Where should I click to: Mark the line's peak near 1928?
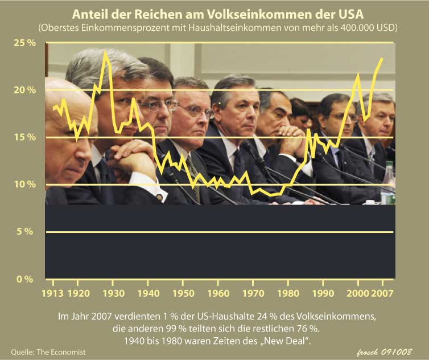pos(105,52)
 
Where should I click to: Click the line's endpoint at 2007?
pos(382,58)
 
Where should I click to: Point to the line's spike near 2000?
pos(358,74)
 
